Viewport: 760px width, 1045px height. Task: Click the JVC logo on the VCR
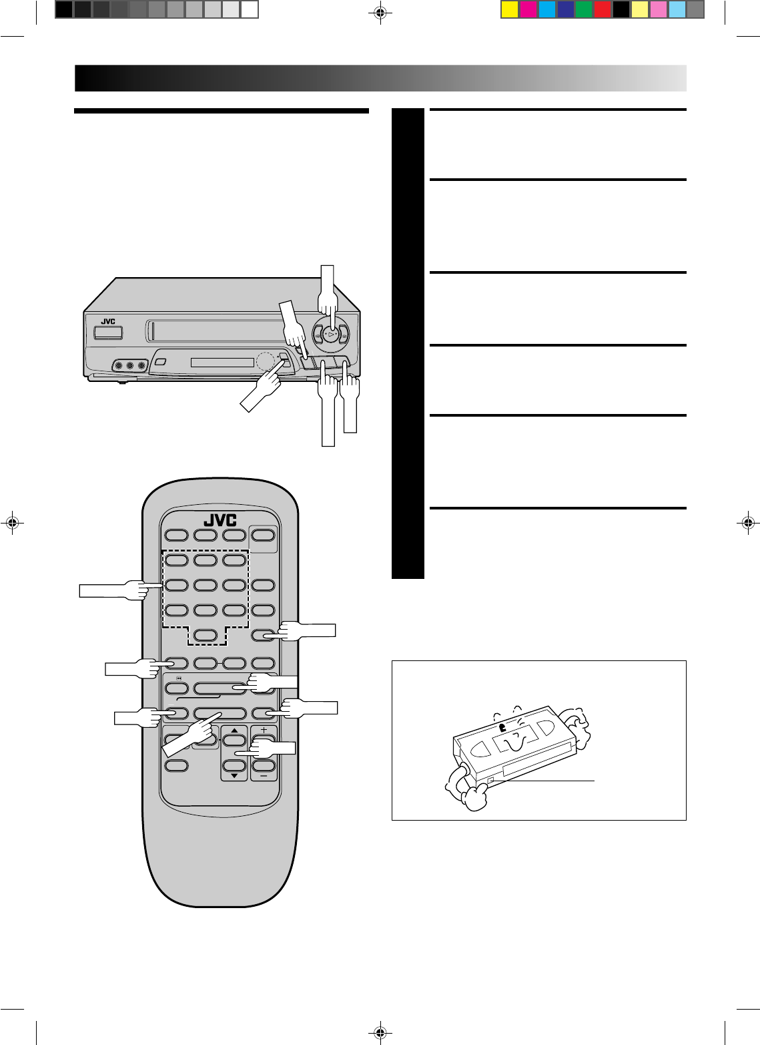108,321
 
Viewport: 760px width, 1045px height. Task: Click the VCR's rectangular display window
222,363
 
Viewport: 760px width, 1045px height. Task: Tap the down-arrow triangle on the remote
234,777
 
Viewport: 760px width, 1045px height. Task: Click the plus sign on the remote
264,728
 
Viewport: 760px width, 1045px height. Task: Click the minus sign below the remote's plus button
264,777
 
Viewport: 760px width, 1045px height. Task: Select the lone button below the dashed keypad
206,635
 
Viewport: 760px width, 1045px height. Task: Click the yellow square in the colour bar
510,9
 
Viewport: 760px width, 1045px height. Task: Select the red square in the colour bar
603,9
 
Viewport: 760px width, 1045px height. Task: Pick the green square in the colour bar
584,9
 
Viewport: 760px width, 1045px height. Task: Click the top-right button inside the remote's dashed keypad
234,560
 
